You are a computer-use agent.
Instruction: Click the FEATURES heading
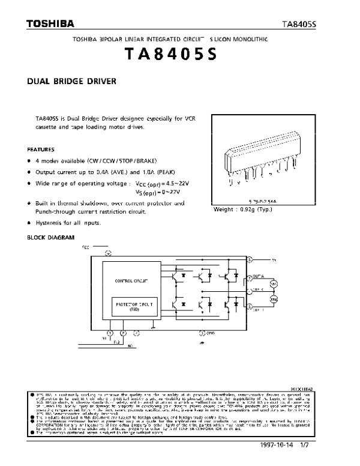41,149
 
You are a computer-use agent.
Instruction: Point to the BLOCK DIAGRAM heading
51,237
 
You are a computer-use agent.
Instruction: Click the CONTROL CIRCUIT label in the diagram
131,280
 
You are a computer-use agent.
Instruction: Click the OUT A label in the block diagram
257,276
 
